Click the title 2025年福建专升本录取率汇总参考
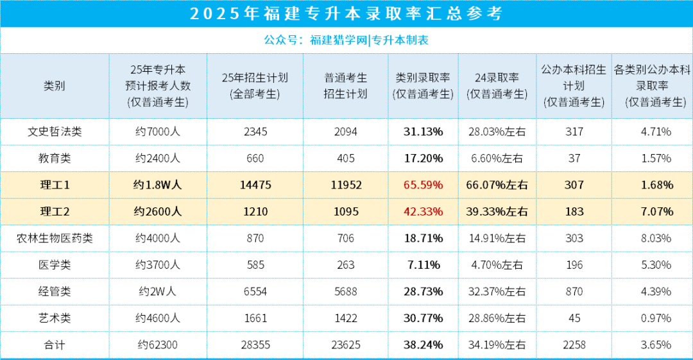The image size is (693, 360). tap(346, 13)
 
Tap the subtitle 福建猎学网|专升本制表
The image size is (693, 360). tap(369, 40)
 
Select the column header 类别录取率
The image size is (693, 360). tap(423, 85)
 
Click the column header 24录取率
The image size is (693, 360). tap(497, 85)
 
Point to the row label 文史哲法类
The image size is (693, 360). tap(55, 132)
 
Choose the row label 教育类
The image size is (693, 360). tap(55, 158)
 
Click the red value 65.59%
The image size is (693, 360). tap(423, 185)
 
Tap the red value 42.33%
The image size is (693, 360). tap(423, 211)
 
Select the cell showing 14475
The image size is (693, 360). tap(255, 185)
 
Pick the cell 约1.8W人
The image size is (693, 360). tap(158, 185)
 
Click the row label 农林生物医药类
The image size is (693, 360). tap(55, 238)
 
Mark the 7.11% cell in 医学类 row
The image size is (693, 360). tap(423, 264)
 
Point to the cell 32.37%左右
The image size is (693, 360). tap(497, 291)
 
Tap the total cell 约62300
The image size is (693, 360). tap(158, 345)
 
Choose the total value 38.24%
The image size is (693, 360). tap(423, 345)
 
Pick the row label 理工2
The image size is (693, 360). tap(55, 211)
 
